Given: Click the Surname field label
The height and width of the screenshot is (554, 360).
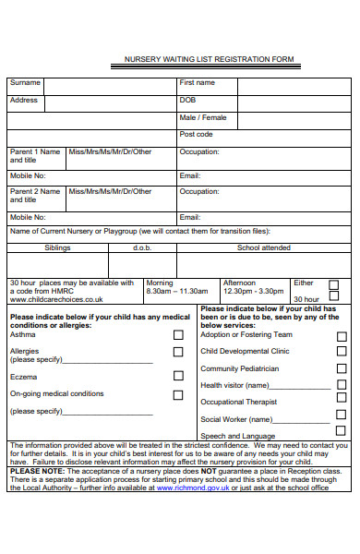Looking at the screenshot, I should (25, 82).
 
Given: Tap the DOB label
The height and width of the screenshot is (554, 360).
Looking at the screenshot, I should (187, 100).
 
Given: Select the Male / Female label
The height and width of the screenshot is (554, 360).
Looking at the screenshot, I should (202, 117).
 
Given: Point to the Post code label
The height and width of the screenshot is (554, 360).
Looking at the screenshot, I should (196, 134).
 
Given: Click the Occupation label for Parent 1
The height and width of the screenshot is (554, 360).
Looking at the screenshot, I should (199, 151).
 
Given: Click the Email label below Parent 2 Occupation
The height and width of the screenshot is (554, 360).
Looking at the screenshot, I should (189, 217).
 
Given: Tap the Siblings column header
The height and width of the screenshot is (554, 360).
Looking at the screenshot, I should (57, 247).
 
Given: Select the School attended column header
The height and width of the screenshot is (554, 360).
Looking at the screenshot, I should (263, 247).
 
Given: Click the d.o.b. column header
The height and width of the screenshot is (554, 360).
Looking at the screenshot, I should (142, 247).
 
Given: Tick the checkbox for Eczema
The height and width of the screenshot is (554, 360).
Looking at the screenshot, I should (178, 376).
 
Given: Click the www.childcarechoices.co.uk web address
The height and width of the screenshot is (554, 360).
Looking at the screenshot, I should (56, 299).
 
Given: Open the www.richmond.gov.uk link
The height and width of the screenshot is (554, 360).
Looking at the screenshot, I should (193, 488).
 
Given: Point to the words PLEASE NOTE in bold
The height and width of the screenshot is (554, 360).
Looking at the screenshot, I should (33, 471).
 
